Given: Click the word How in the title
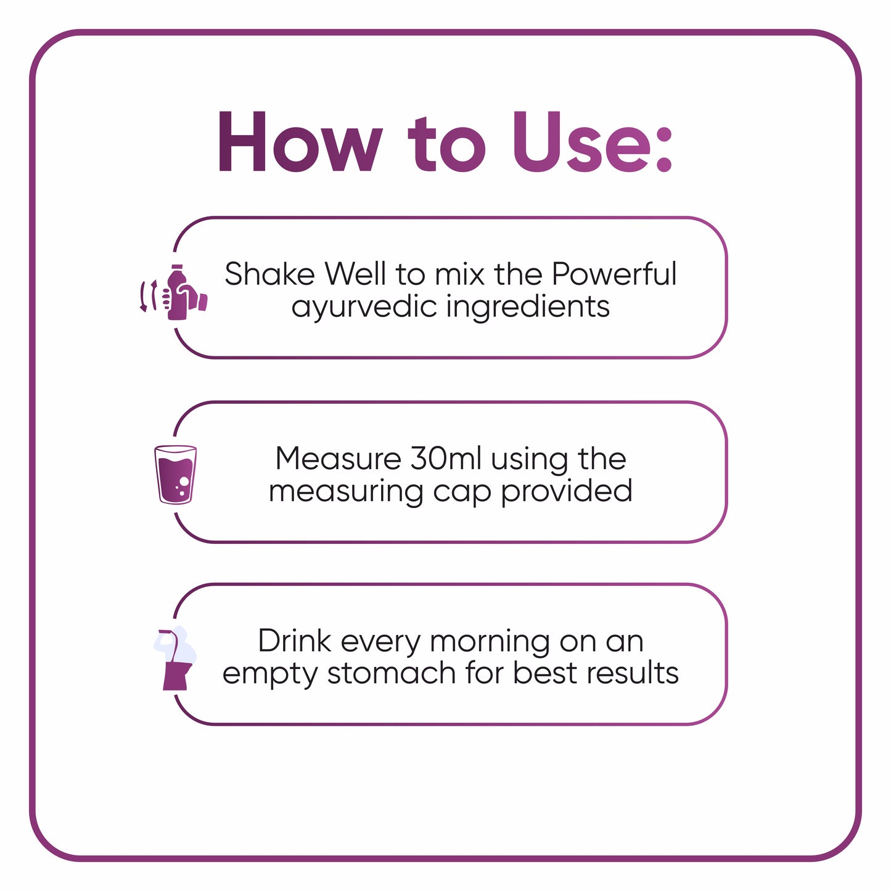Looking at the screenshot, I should tap(300, 143).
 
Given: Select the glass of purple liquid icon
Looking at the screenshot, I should tap(175, 474).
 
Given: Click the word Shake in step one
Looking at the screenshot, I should tap(269, 274).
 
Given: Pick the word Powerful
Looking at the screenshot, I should tap(614, 274).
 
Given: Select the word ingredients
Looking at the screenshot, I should tap(528, 306).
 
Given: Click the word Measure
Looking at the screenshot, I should tap(338, 459).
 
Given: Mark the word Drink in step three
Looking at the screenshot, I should tap(295, 641).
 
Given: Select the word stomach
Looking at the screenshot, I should tap(392, 673).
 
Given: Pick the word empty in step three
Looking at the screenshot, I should tap(270, 674).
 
